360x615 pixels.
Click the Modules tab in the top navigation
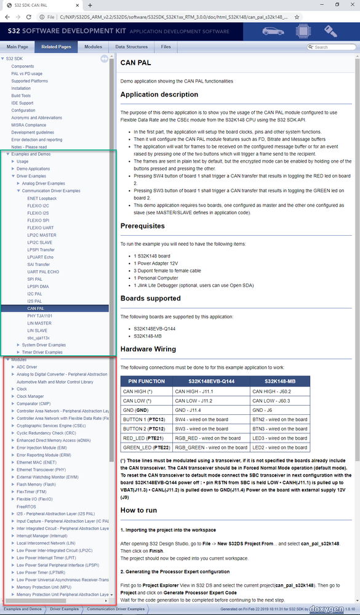93,47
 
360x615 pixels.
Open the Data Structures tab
131,47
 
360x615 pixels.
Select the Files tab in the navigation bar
166,47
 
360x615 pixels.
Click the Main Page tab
17,47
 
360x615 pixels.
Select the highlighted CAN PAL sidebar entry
36,308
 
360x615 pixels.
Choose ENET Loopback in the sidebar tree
42,198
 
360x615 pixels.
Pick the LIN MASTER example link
39,323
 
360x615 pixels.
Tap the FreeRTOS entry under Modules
26,506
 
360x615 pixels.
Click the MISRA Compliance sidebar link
28,125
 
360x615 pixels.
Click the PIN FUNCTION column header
146,381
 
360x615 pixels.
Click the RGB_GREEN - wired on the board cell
211,447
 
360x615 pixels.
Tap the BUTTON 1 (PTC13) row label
145,419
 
